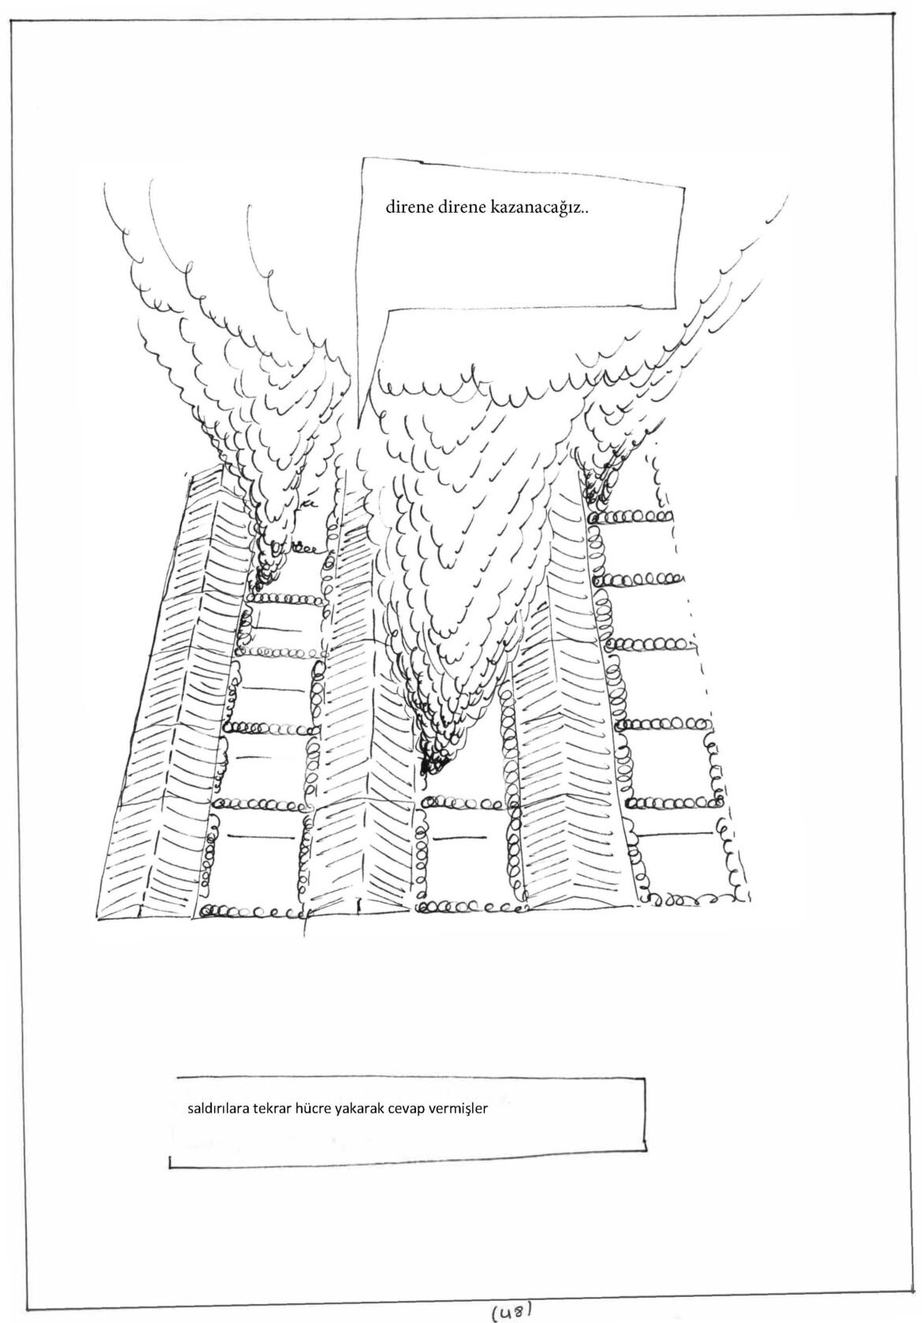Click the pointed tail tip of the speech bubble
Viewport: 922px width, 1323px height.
click(x=357, y=426)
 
